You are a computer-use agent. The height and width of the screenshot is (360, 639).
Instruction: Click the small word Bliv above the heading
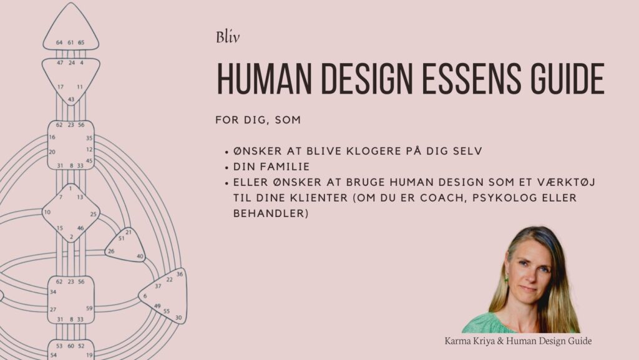228,37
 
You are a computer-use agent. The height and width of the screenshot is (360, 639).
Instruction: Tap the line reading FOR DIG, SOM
257,120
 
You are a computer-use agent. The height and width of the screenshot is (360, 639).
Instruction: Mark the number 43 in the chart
71,99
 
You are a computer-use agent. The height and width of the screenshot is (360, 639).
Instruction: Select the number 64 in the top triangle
59,42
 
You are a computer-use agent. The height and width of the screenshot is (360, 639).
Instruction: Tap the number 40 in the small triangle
140,256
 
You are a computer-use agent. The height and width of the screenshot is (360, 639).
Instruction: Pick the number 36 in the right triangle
180,274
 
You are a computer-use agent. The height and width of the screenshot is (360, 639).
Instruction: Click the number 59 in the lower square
89,308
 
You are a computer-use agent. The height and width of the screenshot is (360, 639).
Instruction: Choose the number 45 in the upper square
89,160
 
